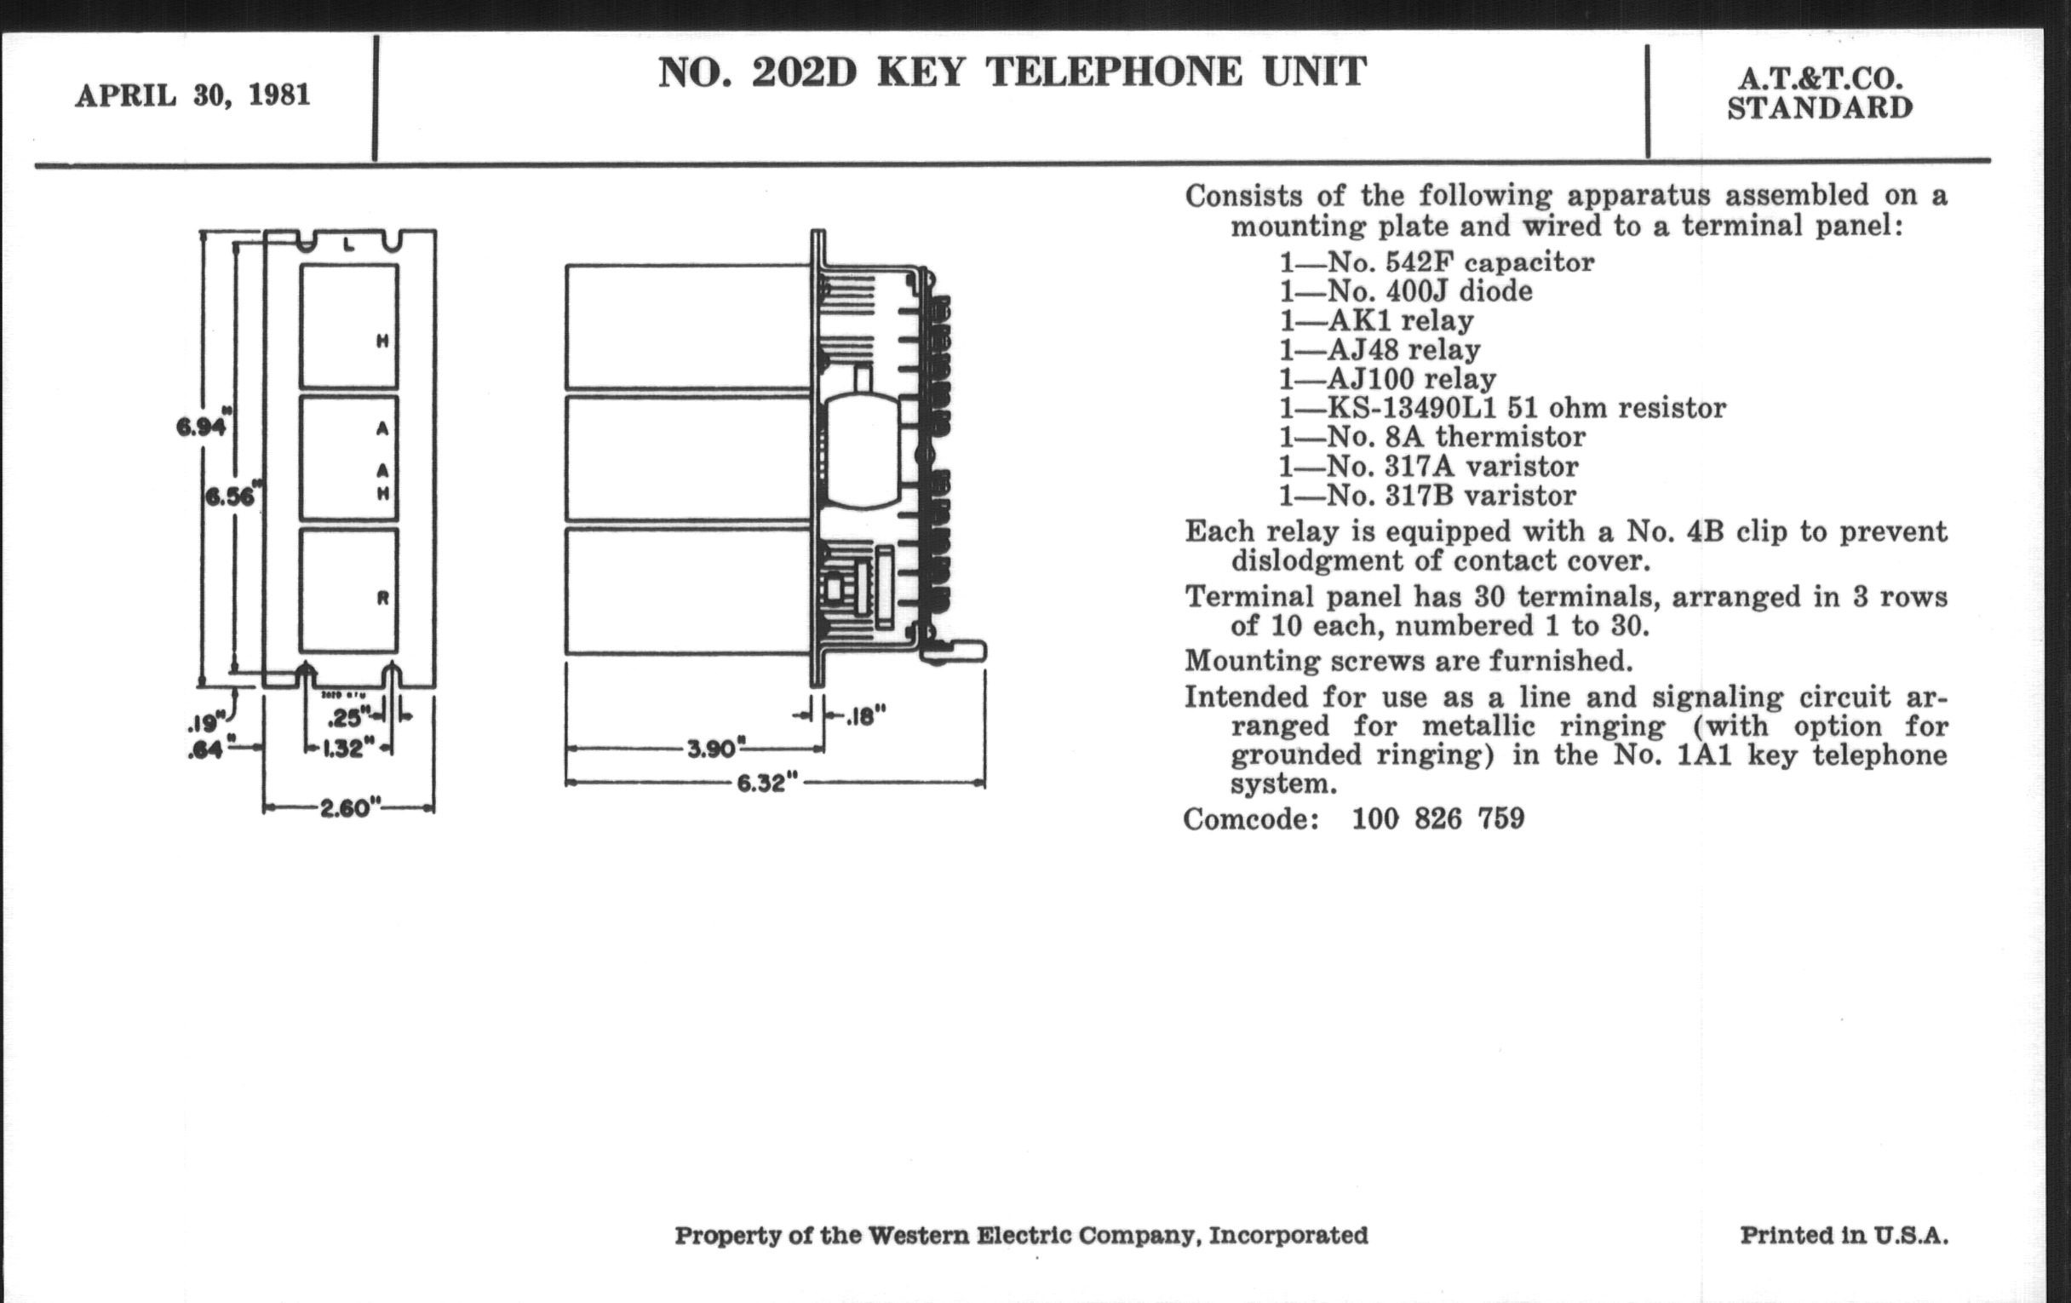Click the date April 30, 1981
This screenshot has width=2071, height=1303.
(x=192, y=95)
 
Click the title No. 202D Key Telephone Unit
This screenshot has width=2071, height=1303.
(x=1012, y=72)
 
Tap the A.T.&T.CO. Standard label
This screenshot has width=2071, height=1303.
(x=1820, y=94)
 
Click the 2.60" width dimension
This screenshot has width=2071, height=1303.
(x=349, y=808)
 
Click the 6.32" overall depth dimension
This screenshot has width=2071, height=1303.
(x=766, y=784)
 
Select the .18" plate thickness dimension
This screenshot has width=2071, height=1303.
(x=864, y=715)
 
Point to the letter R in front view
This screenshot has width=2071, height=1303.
(x=382, y=598)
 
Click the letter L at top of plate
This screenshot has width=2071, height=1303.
(x=348, y=245)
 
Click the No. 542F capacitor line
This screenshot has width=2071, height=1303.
(x=1437, y=262)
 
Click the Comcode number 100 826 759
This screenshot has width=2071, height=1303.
(x=1438, y=818)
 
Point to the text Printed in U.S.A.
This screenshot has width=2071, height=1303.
(x=1844, y=1235)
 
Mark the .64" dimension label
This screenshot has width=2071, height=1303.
(x=205, y=750)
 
